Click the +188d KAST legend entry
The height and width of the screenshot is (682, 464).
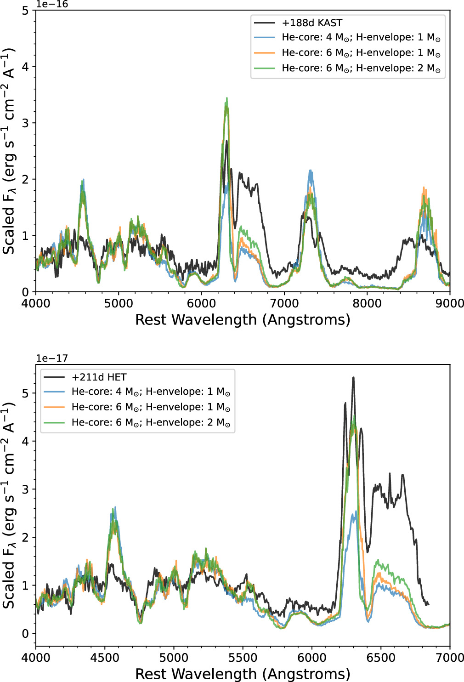pos(312,23)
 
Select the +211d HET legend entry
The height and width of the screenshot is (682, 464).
pos(99,377)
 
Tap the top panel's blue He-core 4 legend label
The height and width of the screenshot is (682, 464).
pos(361,38)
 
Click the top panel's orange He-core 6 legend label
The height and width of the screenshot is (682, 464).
pos(361,53)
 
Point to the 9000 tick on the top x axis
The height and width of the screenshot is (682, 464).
pos(450,303)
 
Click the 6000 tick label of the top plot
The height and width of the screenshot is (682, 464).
pos(201,303)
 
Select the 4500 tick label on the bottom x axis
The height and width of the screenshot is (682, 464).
pos(105,657)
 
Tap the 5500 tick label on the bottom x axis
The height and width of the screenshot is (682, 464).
pos(243,657)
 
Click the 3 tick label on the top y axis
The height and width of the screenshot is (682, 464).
pos(25,123)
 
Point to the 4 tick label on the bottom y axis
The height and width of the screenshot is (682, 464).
pos(25,441)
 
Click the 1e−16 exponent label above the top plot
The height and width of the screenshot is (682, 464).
pos(52,4)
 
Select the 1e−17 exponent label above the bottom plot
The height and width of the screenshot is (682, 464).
pos(52,358)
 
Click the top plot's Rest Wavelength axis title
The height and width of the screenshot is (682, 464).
pos(243,319)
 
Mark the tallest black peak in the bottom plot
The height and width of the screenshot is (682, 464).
pos(353,378)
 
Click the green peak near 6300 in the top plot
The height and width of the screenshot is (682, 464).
pos(227,98)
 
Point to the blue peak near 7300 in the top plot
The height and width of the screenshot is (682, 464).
pos(311,171)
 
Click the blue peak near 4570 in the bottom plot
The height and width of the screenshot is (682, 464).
pos(115,507)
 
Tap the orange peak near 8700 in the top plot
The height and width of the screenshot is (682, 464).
pos(424,188)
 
